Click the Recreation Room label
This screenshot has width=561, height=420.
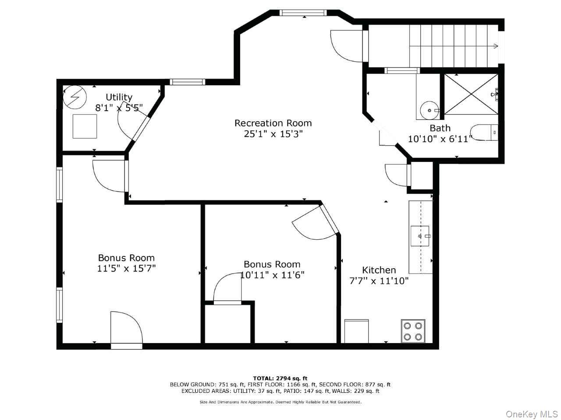[273, 123]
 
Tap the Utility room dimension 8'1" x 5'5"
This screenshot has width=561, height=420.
[119, 107]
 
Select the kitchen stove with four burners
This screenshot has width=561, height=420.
[413, 331]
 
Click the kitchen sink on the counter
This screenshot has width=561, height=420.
[420, 236]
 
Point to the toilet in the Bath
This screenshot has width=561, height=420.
[485, 132]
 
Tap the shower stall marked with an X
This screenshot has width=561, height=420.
[471, 94]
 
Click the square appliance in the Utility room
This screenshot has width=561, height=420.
[85, 126]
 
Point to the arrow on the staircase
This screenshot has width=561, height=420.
[496, 45]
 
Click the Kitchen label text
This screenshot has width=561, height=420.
[379, 270]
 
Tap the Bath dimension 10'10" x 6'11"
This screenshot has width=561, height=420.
[440, 139]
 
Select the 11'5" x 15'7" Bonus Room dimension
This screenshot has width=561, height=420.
[126, 268]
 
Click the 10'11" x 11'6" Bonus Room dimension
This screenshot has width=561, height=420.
[272, 275]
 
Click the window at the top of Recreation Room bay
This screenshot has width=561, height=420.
[304, 13]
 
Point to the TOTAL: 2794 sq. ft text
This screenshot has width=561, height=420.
[280, 378]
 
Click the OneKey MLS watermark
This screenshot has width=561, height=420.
[532, 414]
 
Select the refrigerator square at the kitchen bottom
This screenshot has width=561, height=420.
[356, 331]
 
